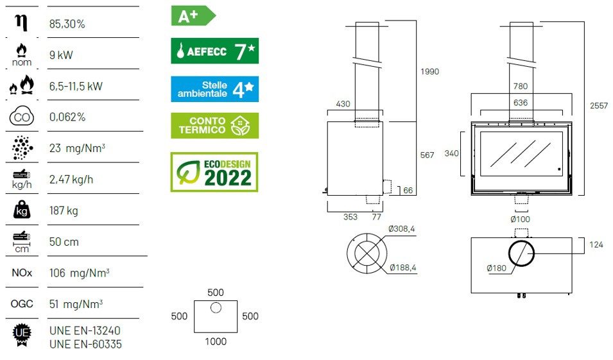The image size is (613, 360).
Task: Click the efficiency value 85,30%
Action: click(67, 24)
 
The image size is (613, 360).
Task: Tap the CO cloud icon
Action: click(21, 116)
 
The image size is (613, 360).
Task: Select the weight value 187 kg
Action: click(64, 210)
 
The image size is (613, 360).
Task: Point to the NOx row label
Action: click(22, 273)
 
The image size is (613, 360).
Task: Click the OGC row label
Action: click(22, 304)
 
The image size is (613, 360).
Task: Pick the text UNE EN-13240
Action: click(85, 330)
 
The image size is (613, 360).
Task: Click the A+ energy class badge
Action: click(193, 16)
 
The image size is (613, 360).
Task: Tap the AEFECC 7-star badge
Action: click(214, 51)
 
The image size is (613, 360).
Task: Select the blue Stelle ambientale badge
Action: click(214, 89)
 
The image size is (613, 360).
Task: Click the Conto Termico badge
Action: click(214, 126)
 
